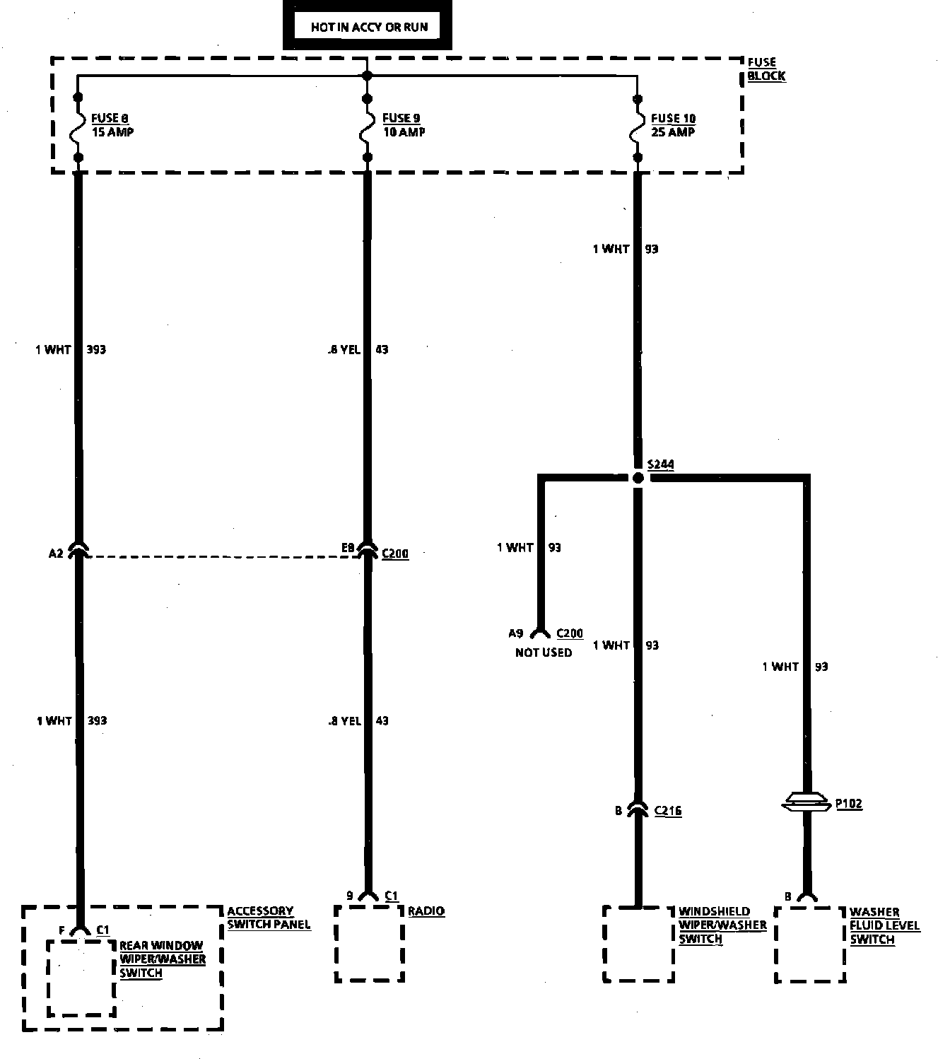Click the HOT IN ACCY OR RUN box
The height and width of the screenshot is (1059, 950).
point(367,28)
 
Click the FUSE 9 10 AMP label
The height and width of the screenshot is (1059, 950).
point(403,125)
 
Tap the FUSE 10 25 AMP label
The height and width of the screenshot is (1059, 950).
point(673,125)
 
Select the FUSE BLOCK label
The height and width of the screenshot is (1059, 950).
point(766,69)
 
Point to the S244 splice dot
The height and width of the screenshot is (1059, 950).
point(638,479)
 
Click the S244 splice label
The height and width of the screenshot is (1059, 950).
point(661,464)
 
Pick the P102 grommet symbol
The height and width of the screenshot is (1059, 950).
point(806,802)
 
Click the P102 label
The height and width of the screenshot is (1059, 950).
point(849,804)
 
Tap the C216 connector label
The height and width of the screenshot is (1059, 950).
point(668,811)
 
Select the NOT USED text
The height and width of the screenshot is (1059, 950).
point(544,653)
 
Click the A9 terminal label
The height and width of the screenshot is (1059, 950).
point(516,633)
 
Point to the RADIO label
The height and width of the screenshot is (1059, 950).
point(426,911)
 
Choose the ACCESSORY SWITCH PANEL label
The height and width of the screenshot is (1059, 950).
point(269,918)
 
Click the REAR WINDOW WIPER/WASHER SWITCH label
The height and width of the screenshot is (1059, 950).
point(162,959)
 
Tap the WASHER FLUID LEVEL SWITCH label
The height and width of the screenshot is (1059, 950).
point(884,925)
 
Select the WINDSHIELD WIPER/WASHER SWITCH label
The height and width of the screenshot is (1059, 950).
point(722,925)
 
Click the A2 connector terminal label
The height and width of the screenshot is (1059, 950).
point(56,554)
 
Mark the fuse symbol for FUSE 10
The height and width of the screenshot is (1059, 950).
point(638,127)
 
